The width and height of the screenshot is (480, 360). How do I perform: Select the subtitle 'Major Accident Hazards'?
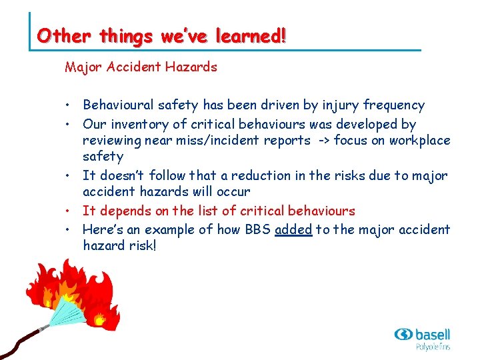coord(141,67)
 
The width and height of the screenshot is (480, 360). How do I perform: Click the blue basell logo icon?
coord(403,335)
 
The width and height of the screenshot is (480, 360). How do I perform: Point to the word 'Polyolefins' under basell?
coord(433,347)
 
